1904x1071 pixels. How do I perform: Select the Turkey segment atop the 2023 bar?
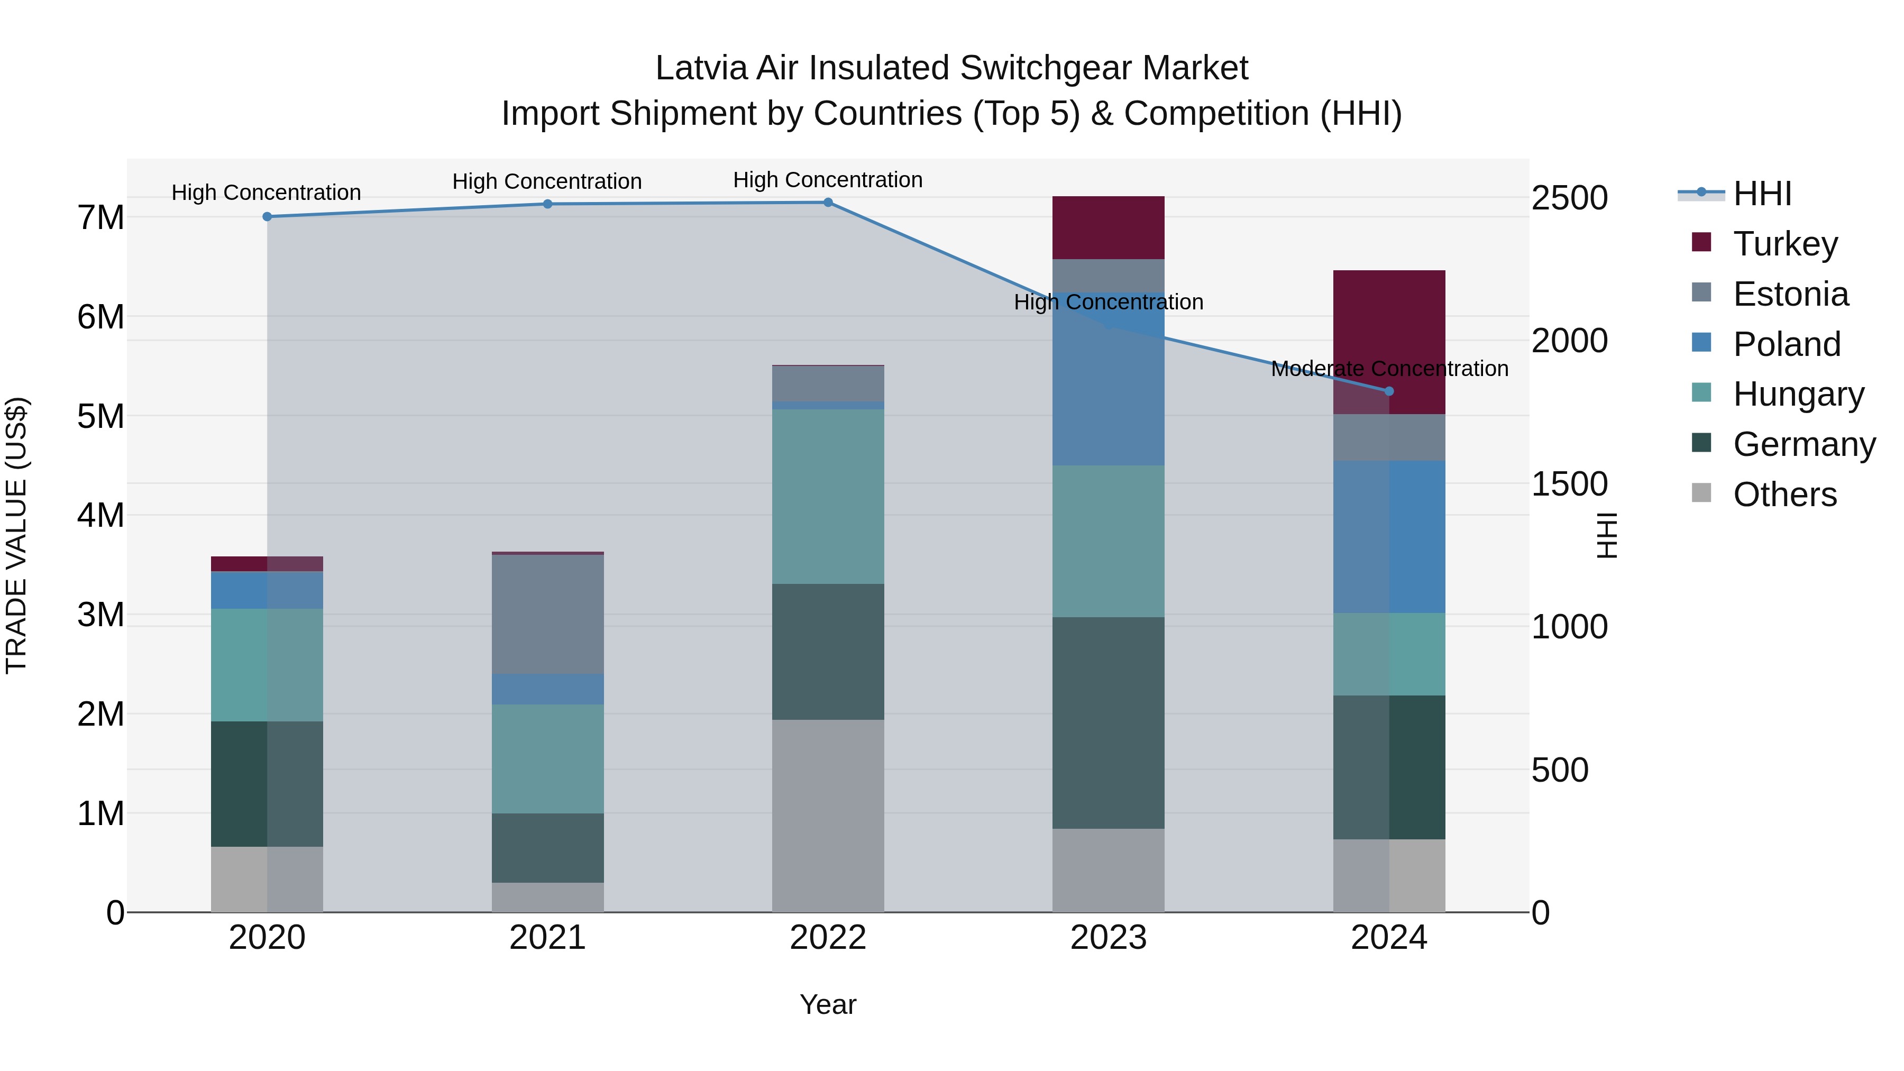pyautogui.click(x=1108, y=227)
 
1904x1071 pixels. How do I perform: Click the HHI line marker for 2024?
pyautogui.click(x=1389, y=391)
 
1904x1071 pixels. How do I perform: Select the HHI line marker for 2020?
pyautogui.click(x=267, y=216)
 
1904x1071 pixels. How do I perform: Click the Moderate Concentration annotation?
pyautogui.click(x=1389, y=368)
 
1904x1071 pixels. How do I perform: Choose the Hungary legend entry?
pyautogui.click(x=1798, y=394)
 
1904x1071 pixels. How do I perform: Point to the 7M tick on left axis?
pyautogui.click(x=100, y=217)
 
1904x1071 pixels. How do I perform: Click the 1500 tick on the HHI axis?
pyautogui.click(x=1569, y=484)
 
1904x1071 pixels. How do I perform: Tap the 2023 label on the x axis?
pyautogui.click(x=1108, y=937)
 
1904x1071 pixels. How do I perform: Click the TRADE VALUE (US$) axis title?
pyautogui.click(x=16, y=535)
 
